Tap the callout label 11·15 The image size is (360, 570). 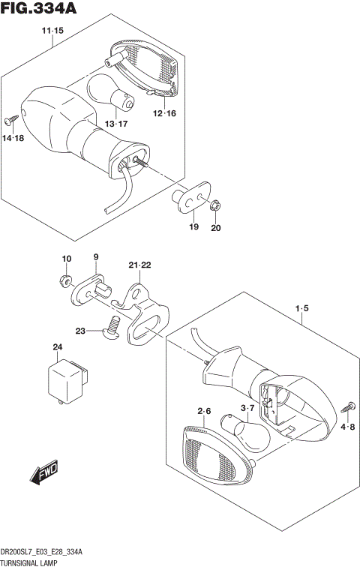click(x=52, y=30)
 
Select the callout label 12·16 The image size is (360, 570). click(x=164, y=113)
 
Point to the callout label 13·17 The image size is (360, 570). click(x=116, y=124)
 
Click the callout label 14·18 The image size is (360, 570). click(x=13, y=139)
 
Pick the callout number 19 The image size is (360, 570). click(x=193, y=227)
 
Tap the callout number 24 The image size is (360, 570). click(x=57, y=347)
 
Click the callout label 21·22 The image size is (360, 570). click(x=139, y=265)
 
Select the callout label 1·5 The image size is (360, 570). click(x=302, y=307)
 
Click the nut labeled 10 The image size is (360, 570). click(x=64, y=282)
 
